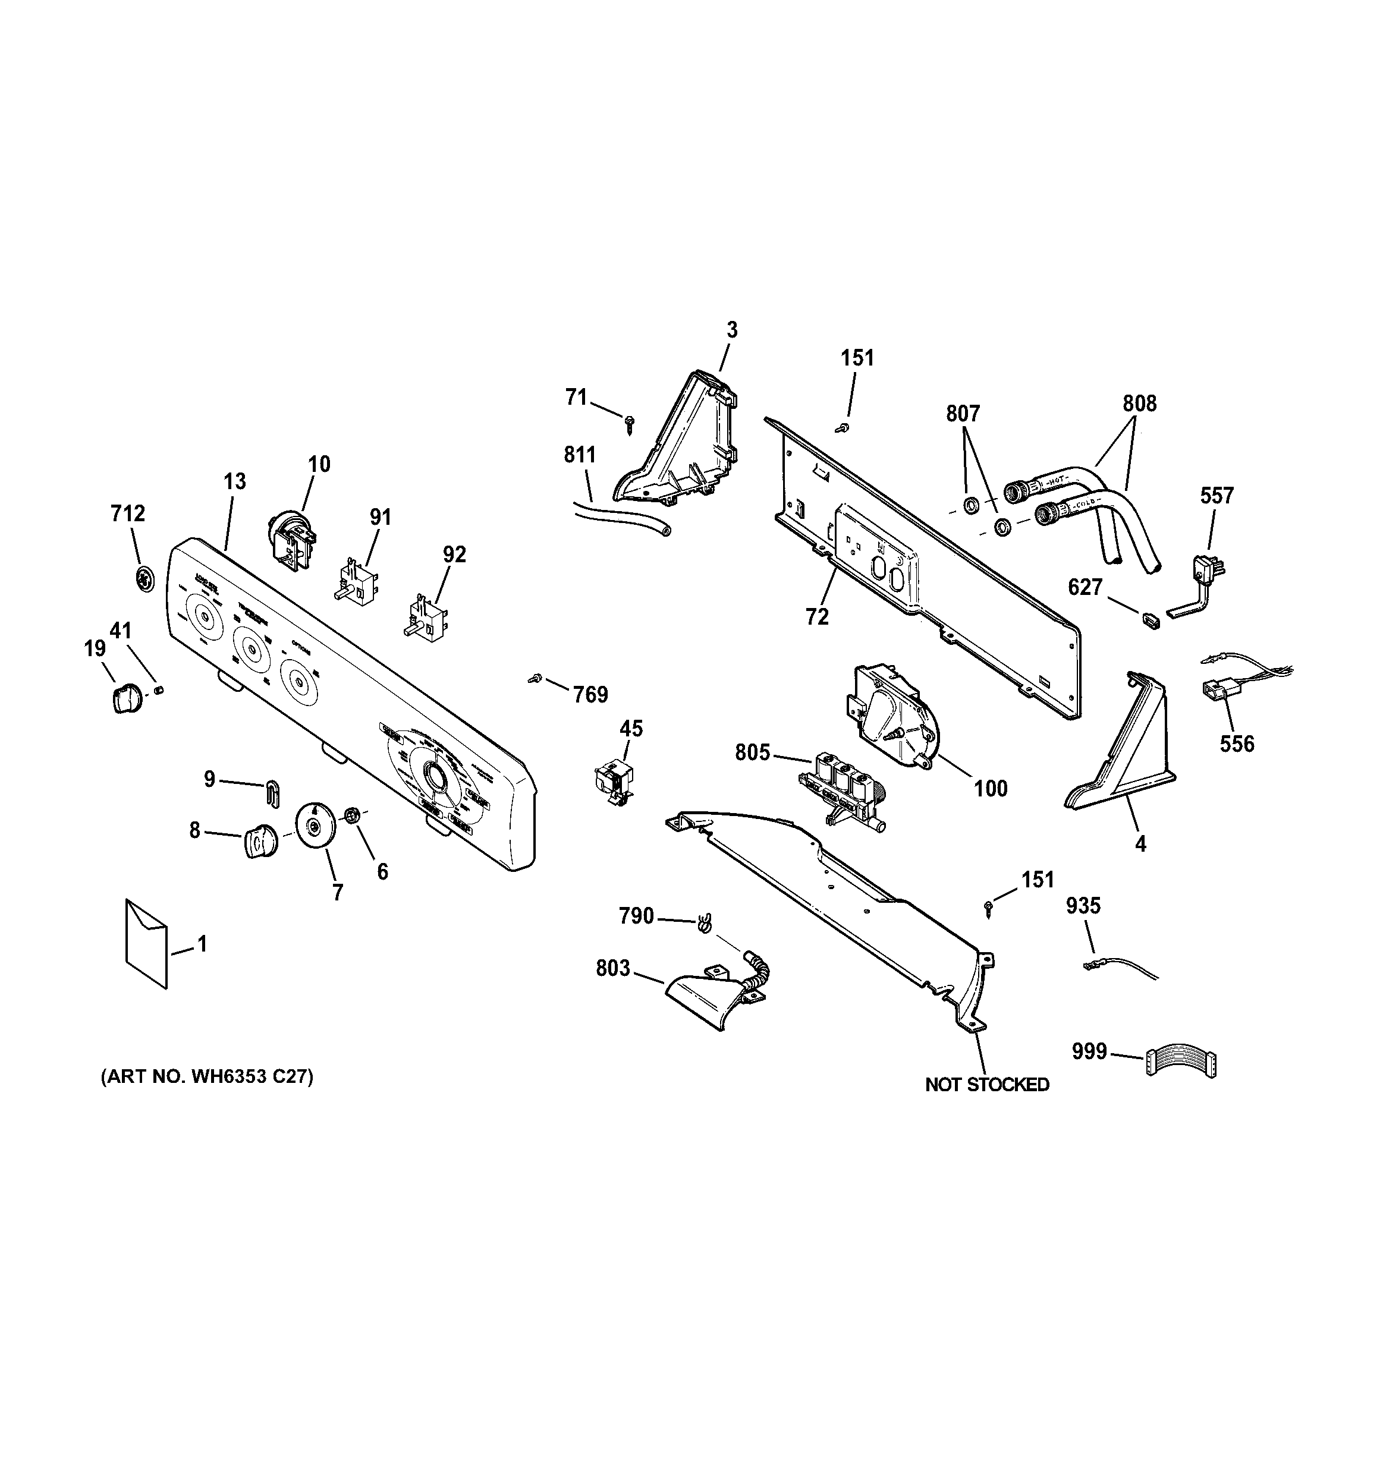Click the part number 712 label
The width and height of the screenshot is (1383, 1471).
coord(128,514)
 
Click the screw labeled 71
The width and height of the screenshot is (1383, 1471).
coord(629,423)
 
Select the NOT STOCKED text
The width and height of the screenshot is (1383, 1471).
coord(987,1085)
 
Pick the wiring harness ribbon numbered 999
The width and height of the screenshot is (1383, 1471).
coord(1181,1063)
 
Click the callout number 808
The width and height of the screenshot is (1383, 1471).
coord(1139,404)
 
